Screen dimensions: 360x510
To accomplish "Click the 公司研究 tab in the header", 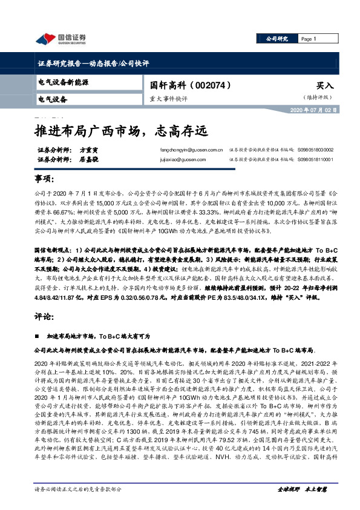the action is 278,39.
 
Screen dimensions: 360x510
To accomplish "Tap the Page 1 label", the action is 310,39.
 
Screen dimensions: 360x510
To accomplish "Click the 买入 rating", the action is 324,86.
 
